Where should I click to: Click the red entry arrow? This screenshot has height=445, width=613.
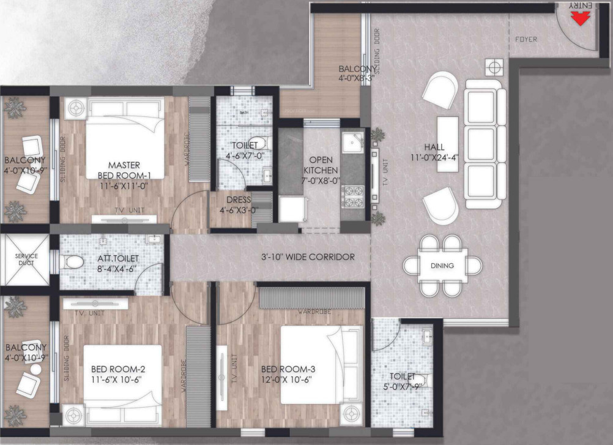click(x=579, y=19)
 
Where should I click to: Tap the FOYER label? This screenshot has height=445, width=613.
click(x=526, y=39)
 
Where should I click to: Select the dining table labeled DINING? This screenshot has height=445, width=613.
click(x=442, y=266)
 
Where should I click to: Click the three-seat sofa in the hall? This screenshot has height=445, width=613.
click(x=485, y=143)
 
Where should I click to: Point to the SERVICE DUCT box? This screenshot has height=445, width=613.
click(x=26, y=260)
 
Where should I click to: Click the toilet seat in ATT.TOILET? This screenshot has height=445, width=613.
click(x=72, y=262)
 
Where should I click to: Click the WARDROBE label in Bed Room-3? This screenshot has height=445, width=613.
click(x=315, y=312)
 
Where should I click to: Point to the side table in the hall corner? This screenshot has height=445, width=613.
click(x=494, y=67)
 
